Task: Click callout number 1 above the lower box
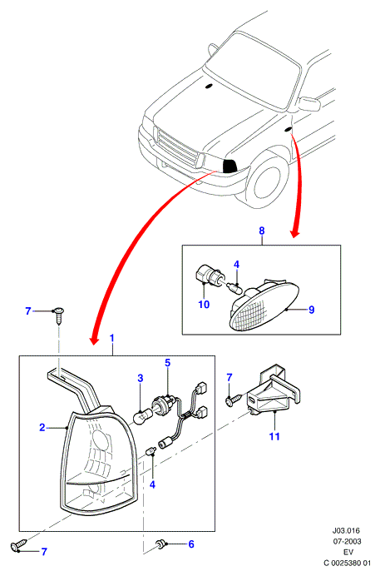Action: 112,338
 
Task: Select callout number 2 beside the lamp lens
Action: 42,427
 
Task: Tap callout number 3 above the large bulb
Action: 141,378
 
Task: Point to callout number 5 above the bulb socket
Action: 168,363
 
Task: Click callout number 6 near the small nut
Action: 191,544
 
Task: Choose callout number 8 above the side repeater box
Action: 262,231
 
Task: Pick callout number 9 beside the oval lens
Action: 312,310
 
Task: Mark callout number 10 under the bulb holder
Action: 204,304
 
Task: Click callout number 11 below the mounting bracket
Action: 274,436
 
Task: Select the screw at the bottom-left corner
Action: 19,544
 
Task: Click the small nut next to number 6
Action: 160,544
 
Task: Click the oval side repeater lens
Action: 264,306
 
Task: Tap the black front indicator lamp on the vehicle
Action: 229,166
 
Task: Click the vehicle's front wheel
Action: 268,181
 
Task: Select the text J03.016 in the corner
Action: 346,530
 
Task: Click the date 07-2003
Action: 347,541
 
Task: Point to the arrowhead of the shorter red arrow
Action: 295,233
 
